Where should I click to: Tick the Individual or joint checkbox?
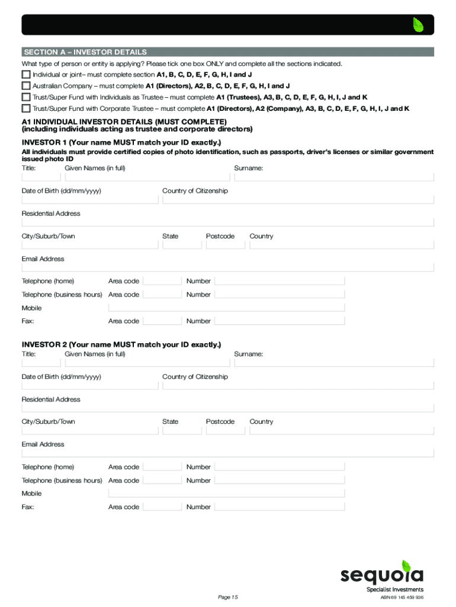[x=25, y=75]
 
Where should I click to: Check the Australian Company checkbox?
[x=25, y=85]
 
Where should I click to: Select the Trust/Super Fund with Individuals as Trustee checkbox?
[x=25, y=97]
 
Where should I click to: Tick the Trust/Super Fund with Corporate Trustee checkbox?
[x=25, y=108]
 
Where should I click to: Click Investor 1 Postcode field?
[x=225, y=245]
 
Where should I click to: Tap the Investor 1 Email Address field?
[x=228, y=267]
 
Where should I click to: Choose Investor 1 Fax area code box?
[x=162, y=321]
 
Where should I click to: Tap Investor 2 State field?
[x=181, y=430]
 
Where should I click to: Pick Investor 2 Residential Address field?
[x=228, y=408]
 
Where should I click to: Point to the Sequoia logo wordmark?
[x=382, y=575]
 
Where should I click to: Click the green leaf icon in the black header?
[x=419, y=25]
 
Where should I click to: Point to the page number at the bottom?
[x=227, y=597]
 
